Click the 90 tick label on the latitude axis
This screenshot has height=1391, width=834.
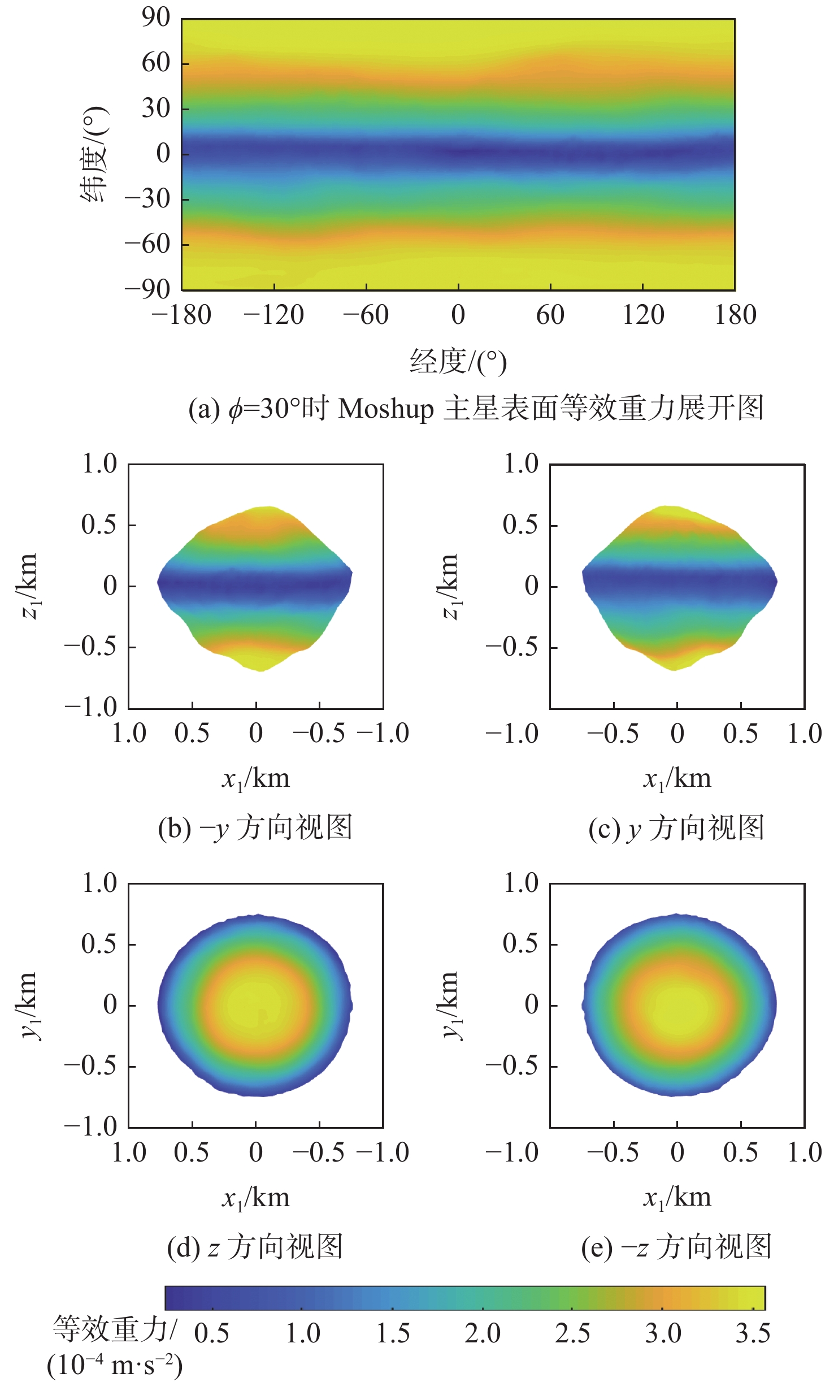point(155,18)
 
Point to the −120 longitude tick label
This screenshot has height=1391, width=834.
point(274,315)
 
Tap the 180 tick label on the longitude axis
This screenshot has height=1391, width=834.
point(735,315)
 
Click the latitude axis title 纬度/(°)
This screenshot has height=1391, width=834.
point(94,154)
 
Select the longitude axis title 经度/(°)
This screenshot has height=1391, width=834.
point(458,362)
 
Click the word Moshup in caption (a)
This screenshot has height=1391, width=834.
point(385,409)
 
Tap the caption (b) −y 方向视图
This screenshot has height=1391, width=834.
point(255,828)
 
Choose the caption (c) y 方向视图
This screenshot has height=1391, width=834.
point(676,828)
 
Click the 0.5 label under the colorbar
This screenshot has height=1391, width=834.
point(212,1334)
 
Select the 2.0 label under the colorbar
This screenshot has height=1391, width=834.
point(483,1334)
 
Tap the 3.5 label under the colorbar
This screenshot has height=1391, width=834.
point(753,1334)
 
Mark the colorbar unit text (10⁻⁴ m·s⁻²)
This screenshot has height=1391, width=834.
point(115,1366)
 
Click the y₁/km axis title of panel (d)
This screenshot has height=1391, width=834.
point(29,1006)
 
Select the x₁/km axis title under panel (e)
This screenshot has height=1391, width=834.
point(677,1198)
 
